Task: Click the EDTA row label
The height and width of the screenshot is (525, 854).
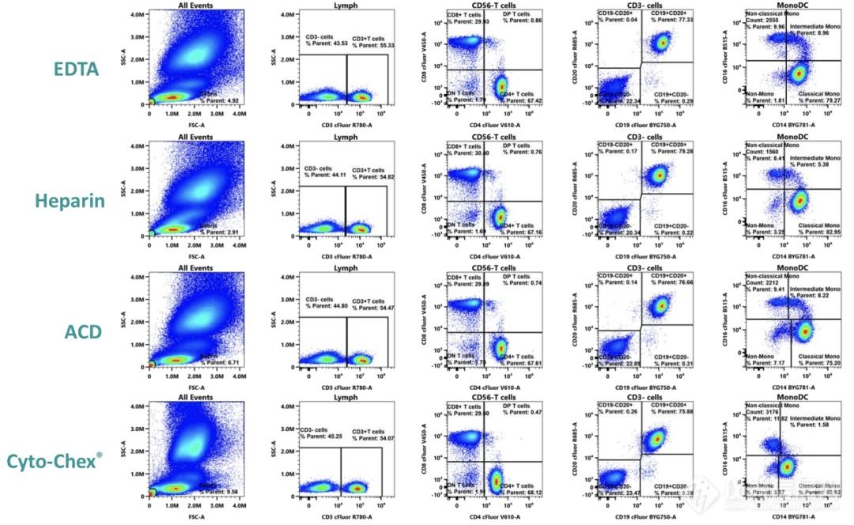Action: click(76, 69)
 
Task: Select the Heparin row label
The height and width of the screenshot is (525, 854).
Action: click(70, 200)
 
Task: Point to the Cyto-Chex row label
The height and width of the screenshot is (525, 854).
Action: click(66, 460)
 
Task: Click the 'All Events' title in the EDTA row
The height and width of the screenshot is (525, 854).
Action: click(195, 6)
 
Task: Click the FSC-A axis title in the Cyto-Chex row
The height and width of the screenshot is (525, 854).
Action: click(195, 518)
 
